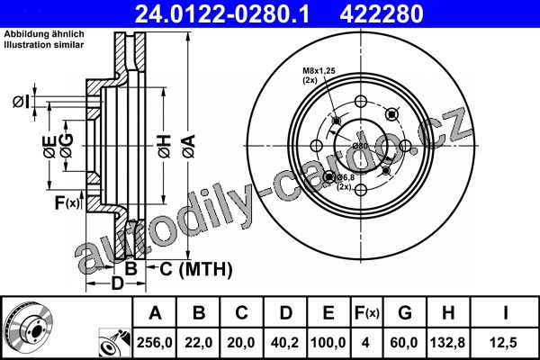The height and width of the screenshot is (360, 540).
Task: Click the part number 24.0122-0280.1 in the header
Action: click(x=221, y=13)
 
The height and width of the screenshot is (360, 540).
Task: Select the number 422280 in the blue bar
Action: click(x=382, y=13)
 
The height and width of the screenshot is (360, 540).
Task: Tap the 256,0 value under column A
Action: click(x=154, y=342)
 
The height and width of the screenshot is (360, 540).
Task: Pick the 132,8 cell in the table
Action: click(x=447, y=342)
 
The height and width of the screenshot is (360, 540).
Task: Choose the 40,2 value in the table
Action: click(x=285, y=342)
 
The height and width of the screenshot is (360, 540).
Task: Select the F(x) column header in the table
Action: click(x=367, y=313)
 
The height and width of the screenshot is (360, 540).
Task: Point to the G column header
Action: click(x=405, y=313)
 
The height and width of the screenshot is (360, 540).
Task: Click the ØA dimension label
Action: click(x=189, y=147)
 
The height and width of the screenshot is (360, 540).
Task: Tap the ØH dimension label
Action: click(x=165, y=147)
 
